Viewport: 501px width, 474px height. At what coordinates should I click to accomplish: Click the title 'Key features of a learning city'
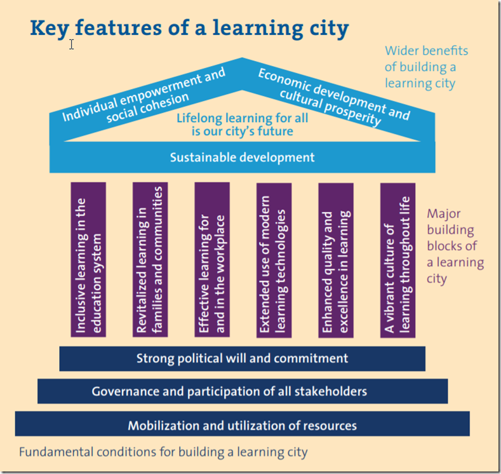(189, 28)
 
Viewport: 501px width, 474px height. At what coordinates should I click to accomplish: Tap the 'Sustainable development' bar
(242, 157)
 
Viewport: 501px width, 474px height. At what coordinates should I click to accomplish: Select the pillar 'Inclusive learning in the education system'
(88, 259)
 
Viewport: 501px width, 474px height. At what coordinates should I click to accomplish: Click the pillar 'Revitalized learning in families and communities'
(150, 259)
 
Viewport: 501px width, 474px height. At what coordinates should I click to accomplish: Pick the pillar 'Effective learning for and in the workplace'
(212, 259)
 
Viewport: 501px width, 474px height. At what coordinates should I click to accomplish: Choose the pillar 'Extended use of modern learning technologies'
(274, 259)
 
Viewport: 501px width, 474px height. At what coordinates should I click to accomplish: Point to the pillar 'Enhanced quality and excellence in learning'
(335, 259)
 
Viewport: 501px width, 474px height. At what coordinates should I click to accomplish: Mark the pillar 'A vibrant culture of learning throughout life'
(397, 259)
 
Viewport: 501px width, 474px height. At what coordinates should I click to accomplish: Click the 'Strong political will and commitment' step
(242, 358)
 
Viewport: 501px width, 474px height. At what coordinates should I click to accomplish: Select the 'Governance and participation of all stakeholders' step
(242, 391)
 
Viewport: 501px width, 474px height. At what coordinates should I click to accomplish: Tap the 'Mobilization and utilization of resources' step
(242, 425)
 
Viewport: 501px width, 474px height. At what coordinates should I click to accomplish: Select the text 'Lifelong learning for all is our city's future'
(242, 124)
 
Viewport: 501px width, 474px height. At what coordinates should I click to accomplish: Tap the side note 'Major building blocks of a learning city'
(454, 246)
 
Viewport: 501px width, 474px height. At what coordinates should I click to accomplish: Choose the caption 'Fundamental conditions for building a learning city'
(163, 452)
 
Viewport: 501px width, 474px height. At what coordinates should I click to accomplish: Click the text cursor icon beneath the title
(72, 44)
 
